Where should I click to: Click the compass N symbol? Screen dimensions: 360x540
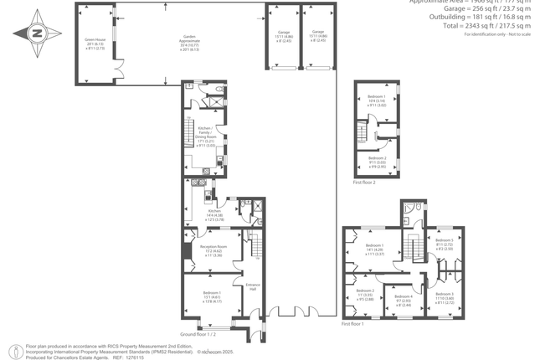(37, 33)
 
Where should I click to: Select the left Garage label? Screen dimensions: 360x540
(285, 35)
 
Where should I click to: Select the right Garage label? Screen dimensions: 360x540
(318, 35)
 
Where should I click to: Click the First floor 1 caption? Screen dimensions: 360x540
(353, 323)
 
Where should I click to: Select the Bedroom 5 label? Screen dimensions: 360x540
(445, 244)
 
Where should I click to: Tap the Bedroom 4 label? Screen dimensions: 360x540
(404, 300)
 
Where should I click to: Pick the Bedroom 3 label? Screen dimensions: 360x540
(445, 297)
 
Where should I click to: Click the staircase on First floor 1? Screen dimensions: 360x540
(410, 248)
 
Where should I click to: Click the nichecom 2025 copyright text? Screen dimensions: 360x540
(221, 352)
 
